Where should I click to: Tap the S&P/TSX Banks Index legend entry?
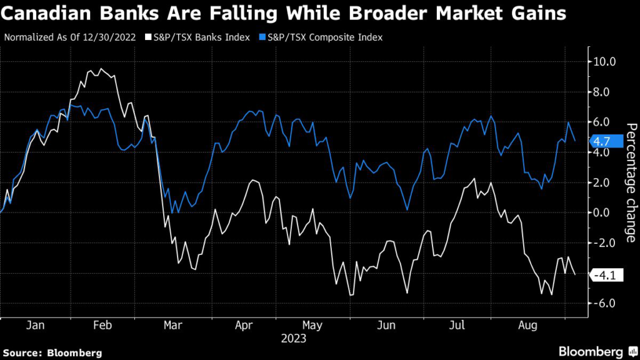[x=196, y=37]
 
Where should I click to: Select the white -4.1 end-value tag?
[x=606, y=274]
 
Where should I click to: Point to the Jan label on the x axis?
[x=36, y=326]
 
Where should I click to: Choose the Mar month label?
[x=172, y=326]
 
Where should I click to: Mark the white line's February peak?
[x=101, y=69]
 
